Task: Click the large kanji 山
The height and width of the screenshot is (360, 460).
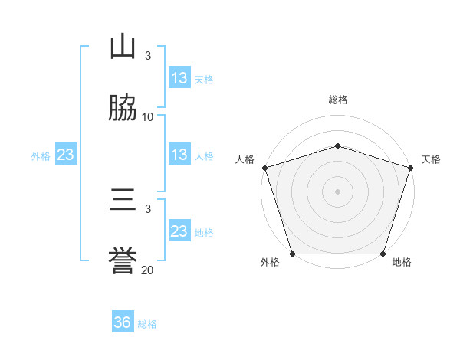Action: (x=123, y=46)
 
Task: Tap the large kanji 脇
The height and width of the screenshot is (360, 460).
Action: (x=123, y=107)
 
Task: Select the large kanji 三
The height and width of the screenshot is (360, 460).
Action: (x=123, y=199)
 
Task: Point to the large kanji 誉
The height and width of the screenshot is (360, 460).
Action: (x=123, y=260)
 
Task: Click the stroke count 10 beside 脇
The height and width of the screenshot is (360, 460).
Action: (x=147, y=117)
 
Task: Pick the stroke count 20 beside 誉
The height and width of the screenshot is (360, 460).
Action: (x=147, y=270)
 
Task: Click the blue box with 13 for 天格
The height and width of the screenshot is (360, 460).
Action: (x=179, y=77)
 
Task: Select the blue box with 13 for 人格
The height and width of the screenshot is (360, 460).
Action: (x=179, y=154)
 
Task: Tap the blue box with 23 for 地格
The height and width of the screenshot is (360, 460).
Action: (x=179, y=230)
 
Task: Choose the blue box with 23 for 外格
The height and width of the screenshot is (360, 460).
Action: (x=66, y=154)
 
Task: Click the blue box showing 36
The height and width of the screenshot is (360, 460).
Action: (x=123, y=321)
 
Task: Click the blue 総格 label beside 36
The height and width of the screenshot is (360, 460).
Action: (x=147, y=324)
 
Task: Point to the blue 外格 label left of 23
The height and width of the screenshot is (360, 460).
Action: (x=41, y=156)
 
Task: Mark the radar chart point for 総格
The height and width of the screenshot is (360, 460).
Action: (x=337, y=146)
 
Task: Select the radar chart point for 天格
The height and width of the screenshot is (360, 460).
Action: (x=411, y=168)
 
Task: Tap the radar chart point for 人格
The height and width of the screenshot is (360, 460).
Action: (x=265, y=168)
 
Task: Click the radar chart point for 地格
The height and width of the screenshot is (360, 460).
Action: (x=383, y=254)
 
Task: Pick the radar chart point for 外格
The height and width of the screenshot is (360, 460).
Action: (x=293, y=254)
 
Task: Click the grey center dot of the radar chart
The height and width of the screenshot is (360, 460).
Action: (x=337, y=191)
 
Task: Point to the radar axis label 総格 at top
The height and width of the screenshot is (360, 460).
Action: (x=338, y=100)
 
